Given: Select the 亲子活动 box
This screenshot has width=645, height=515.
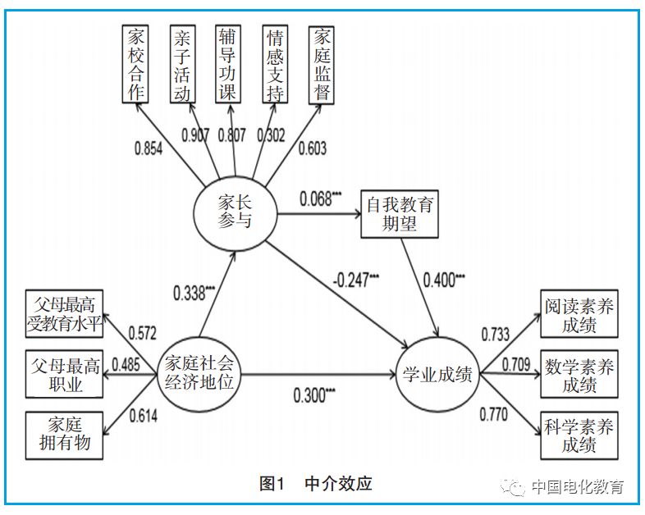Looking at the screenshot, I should click(x=181, y=64).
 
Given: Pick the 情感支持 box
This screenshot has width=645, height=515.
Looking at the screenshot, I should click(x=275, y=64).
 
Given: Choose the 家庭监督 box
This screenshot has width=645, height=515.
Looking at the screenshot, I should click(x=322, y=64).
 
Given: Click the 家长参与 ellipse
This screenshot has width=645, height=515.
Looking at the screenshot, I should click(x=235, y=210).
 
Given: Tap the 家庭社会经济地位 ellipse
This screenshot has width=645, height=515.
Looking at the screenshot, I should click(x=199, y=376).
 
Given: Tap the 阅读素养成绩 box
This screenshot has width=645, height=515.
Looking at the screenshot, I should click(x=579, y=315).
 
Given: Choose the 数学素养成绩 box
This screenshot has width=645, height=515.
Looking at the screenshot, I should click(x=579, y=375).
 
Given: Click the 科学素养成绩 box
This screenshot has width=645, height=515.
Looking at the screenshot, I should click(x=579, y=435).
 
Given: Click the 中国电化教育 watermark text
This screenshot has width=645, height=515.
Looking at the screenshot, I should click(x=577, y=486).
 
